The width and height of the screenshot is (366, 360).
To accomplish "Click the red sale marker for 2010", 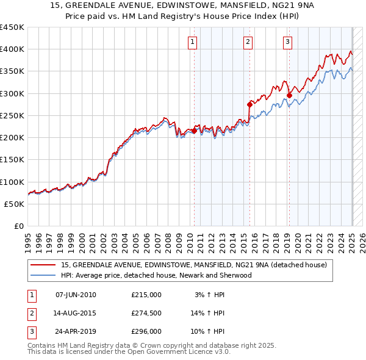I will point(195,131).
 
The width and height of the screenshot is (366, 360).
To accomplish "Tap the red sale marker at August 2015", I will point(249,104).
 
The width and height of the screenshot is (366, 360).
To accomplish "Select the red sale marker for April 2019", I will point(289,95).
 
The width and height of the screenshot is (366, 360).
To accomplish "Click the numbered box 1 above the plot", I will point(192,42).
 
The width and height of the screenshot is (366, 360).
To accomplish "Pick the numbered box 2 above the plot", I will point(248,42).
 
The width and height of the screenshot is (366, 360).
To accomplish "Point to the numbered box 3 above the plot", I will point(287,42).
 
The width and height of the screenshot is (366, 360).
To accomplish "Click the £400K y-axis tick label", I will point(12,49).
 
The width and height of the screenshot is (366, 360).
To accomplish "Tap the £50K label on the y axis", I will point(15,204).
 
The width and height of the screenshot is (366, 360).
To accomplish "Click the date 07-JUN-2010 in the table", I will point(76,295).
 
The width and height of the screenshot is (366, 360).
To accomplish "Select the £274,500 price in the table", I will point(146,314).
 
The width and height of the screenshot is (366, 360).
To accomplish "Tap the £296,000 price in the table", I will point(146,333).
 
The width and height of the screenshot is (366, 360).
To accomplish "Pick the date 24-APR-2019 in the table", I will point(76,333).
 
